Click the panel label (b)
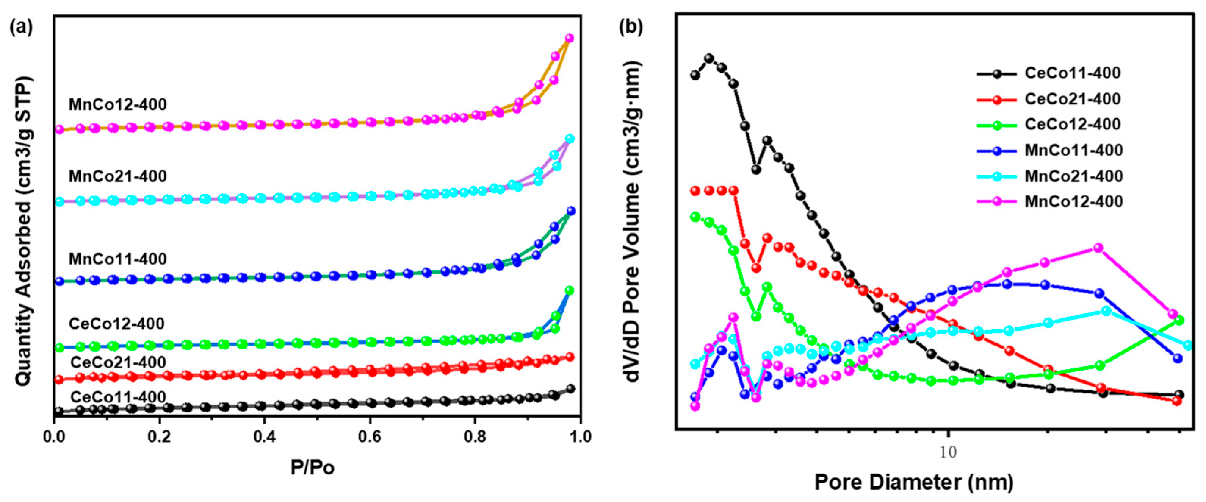631,28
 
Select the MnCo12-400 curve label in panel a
117,104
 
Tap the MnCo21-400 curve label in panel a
117,176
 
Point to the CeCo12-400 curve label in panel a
117,323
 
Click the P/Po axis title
312,467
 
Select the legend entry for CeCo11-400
1072,73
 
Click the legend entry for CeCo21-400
1072,99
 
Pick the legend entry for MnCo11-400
1073,150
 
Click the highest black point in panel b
709,58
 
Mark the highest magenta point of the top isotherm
569,38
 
